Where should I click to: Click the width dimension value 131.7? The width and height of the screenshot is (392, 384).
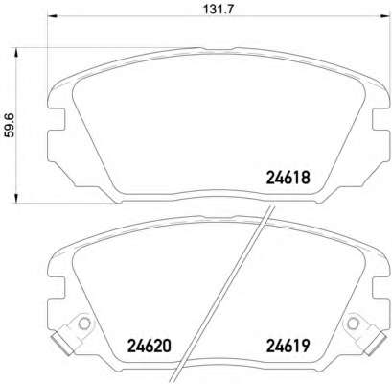219,10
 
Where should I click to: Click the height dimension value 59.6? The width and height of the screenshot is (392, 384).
11,126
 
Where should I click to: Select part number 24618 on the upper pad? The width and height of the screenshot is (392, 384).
288,177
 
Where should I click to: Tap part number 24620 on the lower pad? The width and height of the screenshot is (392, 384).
150,346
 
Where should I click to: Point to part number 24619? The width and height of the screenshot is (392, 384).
288,346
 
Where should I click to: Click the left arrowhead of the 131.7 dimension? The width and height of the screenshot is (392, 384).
52,16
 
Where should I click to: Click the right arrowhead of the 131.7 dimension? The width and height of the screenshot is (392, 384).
385,16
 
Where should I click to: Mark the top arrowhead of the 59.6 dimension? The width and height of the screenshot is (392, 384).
16,53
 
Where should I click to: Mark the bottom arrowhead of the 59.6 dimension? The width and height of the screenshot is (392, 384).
16,198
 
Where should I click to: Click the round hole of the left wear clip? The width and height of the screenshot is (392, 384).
84,324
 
